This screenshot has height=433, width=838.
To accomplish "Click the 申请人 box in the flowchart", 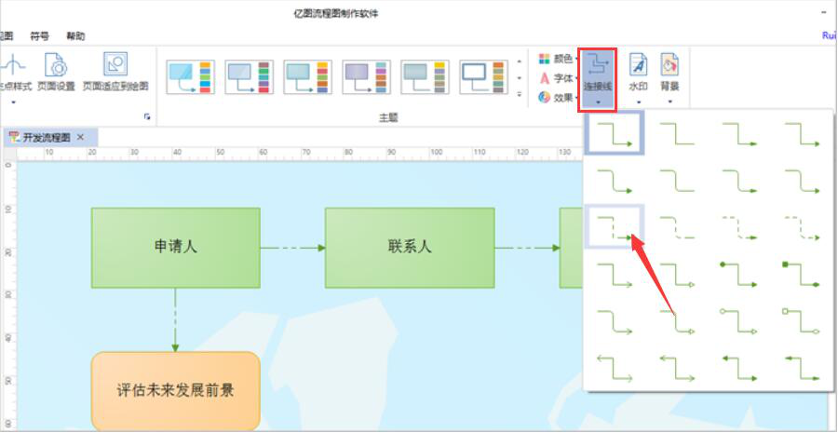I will click(x=175, y=248).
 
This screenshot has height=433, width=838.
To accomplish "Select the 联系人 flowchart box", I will click(x=410, y=248).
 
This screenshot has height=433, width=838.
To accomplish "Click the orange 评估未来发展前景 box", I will click(x=175, y=389).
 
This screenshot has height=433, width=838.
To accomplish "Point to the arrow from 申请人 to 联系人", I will click(x=292, y=248).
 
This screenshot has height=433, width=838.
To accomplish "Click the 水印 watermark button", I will click(x=638, y=73).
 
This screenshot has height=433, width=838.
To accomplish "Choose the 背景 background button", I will click(x=669, y=73).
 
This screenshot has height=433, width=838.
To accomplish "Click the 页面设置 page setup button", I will click(x=56, y=73).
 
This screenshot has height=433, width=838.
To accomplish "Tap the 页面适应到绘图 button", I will click(x=115, y=73).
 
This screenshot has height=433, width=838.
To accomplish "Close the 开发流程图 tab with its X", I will click(x=81, y=137).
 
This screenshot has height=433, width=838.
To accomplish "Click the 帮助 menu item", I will click(x=75, y=36).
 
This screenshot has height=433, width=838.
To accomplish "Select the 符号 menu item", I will click(x=40, y=36).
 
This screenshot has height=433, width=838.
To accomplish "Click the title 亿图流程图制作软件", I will click(x=335, y=13).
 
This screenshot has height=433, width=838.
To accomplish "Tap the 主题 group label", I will click(x=388, y=117).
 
